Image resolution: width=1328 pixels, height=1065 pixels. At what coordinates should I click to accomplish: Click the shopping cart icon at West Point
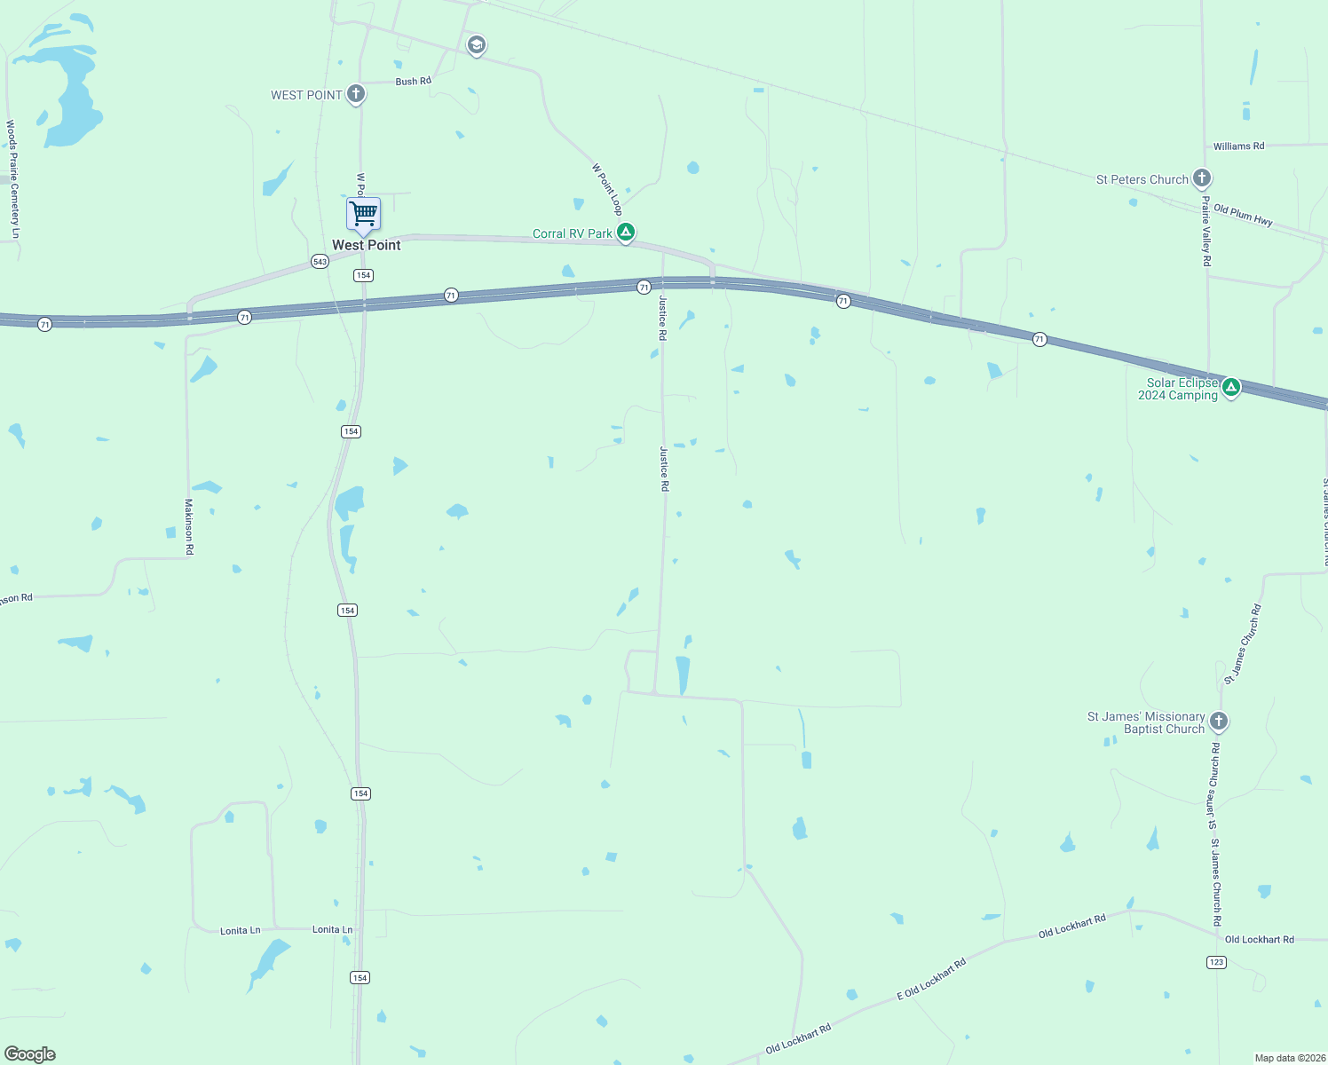(363, 214)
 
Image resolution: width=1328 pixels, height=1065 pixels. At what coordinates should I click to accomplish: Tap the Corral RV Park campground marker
(626, 233)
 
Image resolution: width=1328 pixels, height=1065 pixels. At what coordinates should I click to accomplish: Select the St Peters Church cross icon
(1202, 178)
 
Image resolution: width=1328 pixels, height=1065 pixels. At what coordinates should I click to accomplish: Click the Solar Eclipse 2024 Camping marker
(1230, 387)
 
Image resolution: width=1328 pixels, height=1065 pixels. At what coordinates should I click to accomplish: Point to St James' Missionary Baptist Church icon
(1219, 722)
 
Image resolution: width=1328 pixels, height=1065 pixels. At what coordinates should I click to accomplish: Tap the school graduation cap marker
(477, 45)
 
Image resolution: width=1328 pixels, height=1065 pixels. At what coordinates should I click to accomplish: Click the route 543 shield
(320, 261)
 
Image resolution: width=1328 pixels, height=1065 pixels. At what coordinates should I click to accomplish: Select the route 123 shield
(1216, 962)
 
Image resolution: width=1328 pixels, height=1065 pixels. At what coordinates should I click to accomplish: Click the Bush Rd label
(413, 81)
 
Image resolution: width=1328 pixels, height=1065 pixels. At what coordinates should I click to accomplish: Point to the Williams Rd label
(1238, 146)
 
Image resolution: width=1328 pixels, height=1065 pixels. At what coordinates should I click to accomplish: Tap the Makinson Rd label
(189, 527)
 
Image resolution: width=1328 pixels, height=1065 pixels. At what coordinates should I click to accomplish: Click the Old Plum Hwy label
(1243, 215)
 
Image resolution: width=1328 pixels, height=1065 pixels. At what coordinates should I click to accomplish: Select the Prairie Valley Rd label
(1205, 231)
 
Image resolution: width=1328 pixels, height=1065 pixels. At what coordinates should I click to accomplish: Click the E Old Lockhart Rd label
(930, 979)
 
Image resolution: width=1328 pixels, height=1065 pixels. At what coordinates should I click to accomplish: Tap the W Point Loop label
(607, 188)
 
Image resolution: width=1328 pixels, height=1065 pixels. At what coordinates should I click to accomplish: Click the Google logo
(29, 1054)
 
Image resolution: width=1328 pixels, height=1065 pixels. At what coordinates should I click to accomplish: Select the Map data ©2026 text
(1290, 1058)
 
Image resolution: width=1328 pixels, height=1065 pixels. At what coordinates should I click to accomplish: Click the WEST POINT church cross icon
(356, 94)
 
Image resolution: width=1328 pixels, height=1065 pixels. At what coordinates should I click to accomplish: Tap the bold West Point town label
(367, 245)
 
